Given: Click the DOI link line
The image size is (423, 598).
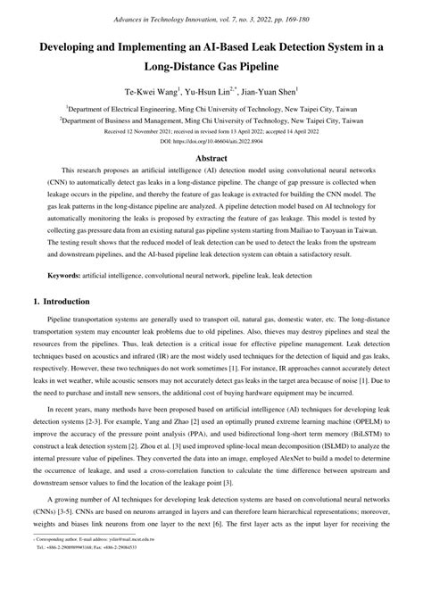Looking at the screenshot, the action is [211, 141].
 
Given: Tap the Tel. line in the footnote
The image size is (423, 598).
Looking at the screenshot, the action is [88, 586].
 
